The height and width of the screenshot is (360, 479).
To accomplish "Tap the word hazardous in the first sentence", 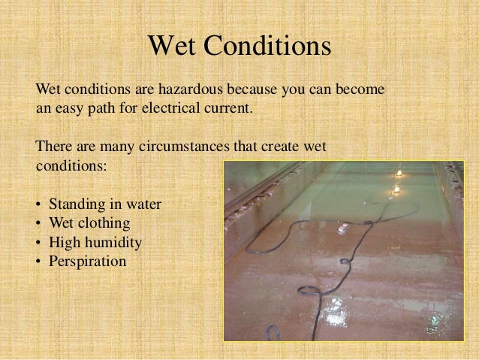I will click(x=176, y=89).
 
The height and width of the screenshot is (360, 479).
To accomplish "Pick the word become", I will click(x=360, y=89).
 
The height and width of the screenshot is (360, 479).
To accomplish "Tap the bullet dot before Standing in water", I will click(x=38, y=204).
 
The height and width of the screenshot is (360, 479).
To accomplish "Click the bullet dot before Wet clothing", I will click(x=38, y=224).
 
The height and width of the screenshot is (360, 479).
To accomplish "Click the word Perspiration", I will click(x=87, y=262).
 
